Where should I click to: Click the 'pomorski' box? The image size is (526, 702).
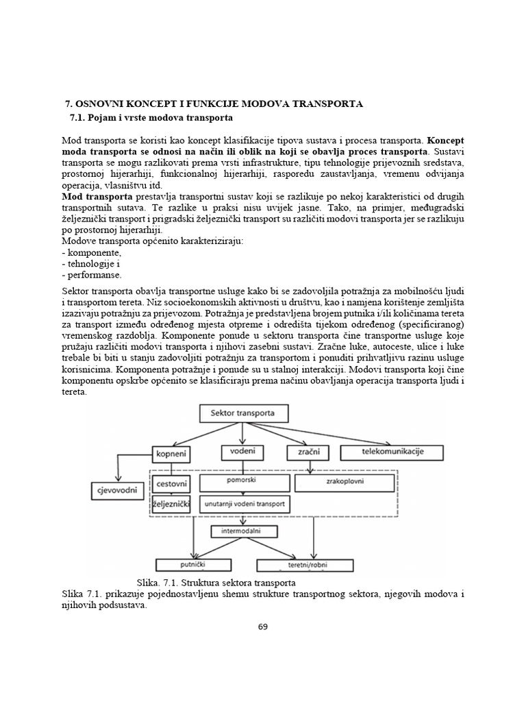pyautogui.click(x=242, y=482)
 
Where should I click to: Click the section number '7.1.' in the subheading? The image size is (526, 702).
pyautogui.click(x=80, y=119)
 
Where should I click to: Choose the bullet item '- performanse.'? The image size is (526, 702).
pyautogui.click(x=92, y=275)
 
